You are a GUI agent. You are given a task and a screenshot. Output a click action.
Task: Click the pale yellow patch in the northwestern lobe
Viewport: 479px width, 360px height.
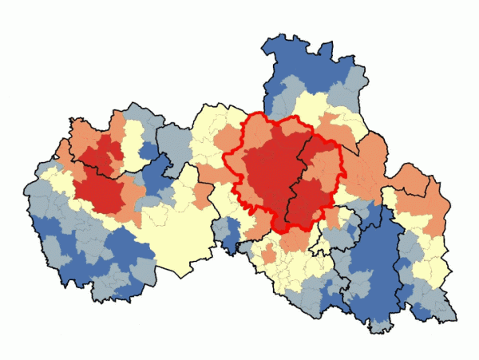coord(133,156)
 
